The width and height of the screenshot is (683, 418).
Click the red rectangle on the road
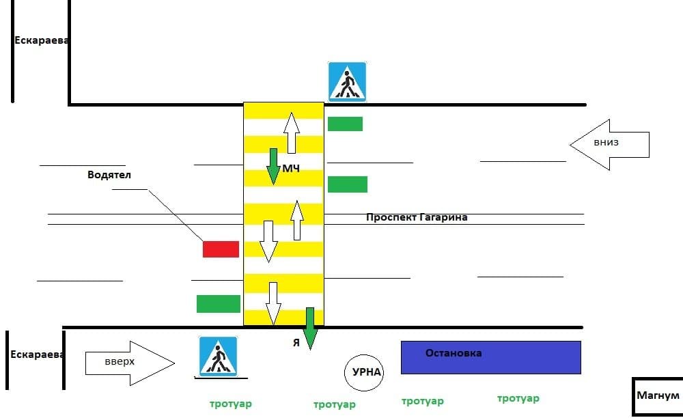[x=221, y=249]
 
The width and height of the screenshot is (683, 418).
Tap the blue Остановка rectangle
[x=491, y=357]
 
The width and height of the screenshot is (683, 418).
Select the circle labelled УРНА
[x=364, y=373]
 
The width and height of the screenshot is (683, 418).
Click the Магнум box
[x=658, y=397]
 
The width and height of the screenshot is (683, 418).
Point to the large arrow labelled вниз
[x=609, y=145]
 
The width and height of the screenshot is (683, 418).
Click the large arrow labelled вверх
[x=130, y=363]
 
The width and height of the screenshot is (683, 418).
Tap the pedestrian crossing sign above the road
[x=347, y=82]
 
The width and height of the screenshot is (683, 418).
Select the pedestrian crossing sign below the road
[x=219, y=357]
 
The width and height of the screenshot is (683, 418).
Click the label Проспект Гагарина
[x=417, y=217]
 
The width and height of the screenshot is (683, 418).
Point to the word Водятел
[x=109, y=175]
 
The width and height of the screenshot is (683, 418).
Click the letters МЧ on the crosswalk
[x=291, y=169]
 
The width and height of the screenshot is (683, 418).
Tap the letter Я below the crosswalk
[x=296, y=343]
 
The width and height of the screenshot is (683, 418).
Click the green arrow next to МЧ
[x=273, y=167]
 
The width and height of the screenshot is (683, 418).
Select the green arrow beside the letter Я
[x=309, y=329]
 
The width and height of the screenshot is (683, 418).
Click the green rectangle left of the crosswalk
[x=219, y=304]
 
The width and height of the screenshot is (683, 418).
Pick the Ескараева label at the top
[x=42, y=40]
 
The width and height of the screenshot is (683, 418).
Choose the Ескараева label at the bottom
[x=38, y=354]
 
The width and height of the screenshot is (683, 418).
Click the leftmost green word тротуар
[x=231, y=404]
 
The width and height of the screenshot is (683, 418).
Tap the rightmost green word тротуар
[x=518, y=398]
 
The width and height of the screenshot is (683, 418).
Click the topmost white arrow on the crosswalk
[x=292, y=133]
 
